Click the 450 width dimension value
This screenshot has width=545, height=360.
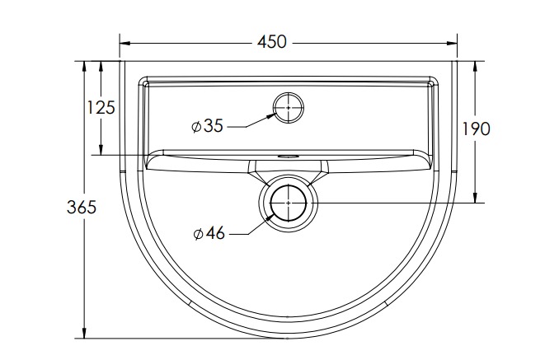(x=272, y=42)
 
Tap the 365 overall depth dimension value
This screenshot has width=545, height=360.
(x=82, y=208)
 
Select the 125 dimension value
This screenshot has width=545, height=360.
(x=101, y=107)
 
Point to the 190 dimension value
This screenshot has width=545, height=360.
(x=477, y=129)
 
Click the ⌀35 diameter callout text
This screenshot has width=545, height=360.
(x=207, y=126)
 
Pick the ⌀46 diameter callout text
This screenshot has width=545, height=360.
(x=209, y=233)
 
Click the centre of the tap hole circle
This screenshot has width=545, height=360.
(x=289, y=108)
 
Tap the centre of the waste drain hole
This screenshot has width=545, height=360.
(x=289, y=203)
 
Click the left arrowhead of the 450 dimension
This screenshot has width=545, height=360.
(x=125, y=44)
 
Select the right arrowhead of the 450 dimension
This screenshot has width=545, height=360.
(x=452, y=44)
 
